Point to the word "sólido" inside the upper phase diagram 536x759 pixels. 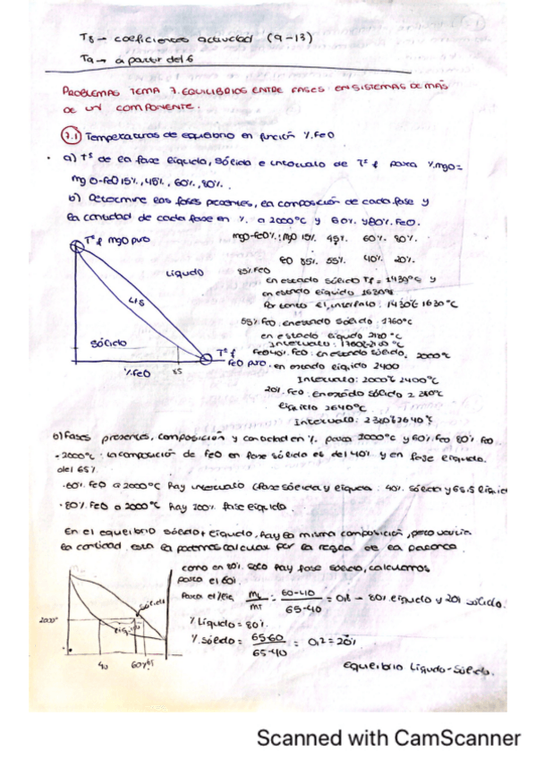[x=109, y=342]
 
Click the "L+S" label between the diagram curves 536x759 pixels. [x=136, y=301]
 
